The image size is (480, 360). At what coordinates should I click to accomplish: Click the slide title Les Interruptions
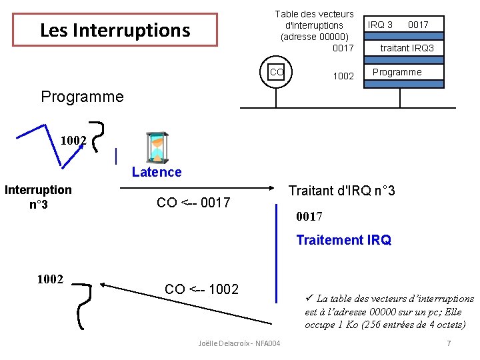point(115,30)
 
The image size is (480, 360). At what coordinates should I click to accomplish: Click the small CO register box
point(277,72)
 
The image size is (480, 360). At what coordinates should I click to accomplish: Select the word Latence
point(157,172)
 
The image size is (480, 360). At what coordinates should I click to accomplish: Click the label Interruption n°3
point(38,197)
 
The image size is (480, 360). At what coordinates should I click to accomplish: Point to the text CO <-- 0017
point(193,203)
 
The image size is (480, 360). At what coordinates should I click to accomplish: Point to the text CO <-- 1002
point(201,289)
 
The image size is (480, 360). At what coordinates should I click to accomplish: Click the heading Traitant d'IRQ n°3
point(341,191)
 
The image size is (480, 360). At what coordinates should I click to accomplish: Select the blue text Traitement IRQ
point(343,240)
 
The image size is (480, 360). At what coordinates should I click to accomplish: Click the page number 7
point(449,343)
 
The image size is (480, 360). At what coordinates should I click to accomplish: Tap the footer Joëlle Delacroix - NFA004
point(239,343)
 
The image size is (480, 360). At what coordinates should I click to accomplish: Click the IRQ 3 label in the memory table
point(380,25)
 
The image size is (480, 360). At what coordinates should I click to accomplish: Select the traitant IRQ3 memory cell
point(407,48)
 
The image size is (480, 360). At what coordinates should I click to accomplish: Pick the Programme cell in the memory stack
point(397,72)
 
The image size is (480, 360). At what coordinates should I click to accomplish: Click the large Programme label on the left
point(82,97)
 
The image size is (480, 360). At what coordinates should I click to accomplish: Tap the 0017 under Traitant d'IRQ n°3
point(309,216)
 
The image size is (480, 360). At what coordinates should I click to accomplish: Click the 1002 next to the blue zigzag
point(73,141)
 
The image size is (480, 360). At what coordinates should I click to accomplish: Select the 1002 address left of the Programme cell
point(343,76)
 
